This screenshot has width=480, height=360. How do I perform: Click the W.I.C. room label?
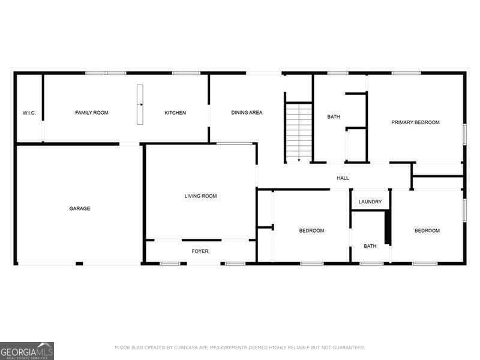click(x=29, y=113)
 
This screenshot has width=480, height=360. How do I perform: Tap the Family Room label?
click(x=92, y=113)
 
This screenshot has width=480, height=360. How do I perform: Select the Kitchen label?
click(x=176, y=113)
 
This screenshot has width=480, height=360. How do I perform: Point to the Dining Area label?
click(x=247, y=113)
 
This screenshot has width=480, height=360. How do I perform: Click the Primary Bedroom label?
click(x=415, y=122)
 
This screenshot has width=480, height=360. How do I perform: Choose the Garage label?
click(x=80, y=209)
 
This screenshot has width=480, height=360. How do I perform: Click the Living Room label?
click(x=200, y=196)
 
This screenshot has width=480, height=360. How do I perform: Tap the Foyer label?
click(x=200, y=251)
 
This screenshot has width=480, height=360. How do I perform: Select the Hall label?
click(x=343, y=178)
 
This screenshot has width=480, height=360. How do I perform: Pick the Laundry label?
click(x=370, y=202)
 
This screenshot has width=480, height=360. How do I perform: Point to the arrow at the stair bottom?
click(x=299, y=160)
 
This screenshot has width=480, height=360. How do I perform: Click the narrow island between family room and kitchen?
click(x=140, y=105)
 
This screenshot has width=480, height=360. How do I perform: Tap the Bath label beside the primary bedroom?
click(x=334, y=117)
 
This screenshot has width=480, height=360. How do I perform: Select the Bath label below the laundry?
click(x=370, y=246)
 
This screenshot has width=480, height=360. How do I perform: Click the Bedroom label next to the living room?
click(x=311, y=231)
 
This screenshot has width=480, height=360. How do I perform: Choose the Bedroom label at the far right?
click(x=427, y=231)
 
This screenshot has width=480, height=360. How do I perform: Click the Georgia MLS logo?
click(x=27, y=350)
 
